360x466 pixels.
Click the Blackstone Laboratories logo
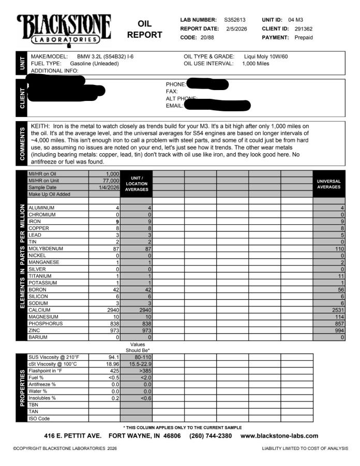[64, 28]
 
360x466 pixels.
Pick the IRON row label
[36, 221]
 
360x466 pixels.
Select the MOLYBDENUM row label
[45, 249]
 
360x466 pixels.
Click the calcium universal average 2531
[337, 310]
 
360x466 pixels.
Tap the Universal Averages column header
[328, 184]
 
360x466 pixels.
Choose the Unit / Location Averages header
[137, 184]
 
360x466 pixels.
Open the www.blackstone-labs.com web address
[279, 436]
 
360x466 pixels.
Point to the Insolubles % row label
[42, 398]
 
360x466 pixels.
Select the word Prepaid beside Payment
[304, 37]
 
